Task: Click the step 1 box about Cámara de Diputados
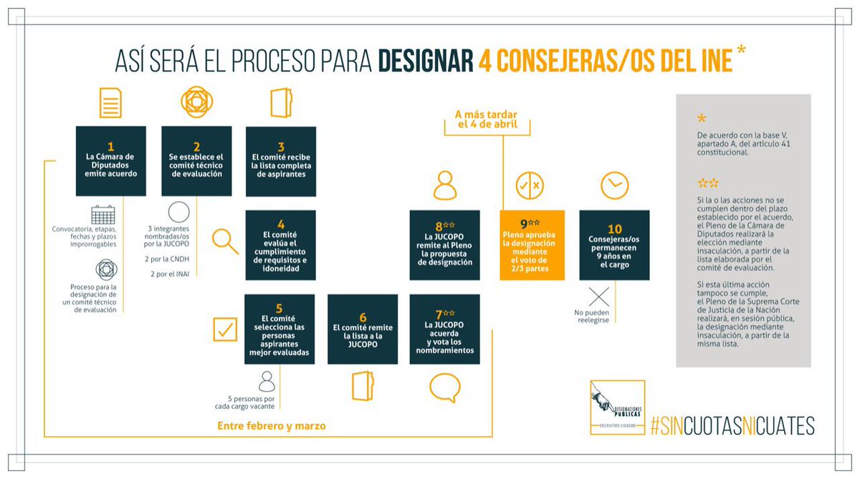pos(110,161)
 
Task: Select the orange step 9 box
pos(532,244)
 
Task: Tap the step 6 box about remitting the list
pos(362,329)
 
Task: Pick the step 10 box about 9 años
pos(614,244)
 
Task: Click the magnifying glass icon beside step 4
pos(226,241)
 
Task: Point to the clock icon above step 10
pos(614,185)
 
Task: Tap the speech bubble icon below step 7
pos(444,388)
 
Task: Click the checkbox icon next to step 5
pos(225,329)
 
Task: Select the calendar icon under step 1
pos(103,214)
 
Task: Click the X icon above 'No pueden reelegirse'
pos(598,296)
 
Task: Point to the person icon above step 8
pos(444,185)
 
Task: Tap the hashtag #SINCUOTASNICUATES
pos(732,426)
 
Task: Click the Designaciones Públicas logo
pos(616,407)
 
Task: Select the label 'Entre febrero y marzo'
pos(272,426)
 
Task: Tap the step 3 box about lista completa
pos(281,161)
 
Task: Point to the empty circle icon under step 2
pos(178,212)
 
